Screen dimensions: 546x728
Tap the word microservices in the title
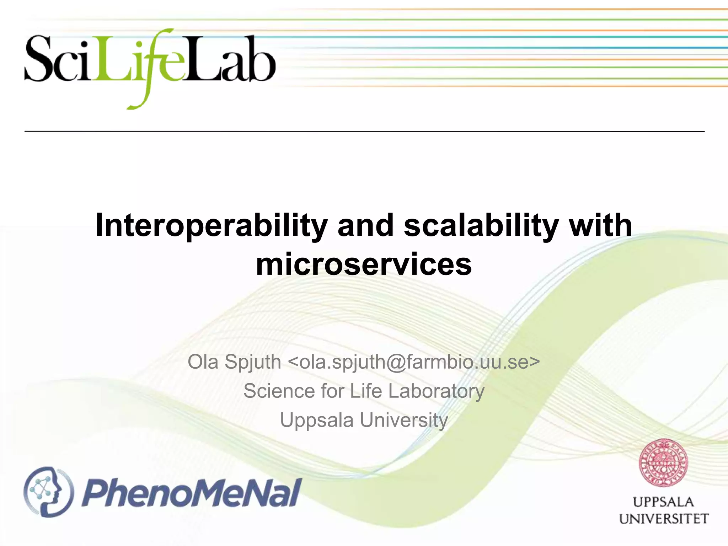364,264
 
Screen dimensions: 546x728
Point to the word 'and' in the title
365,225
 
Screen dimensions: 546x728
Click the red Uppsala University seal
663,463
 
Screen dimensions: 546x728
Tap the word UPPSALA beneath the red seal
663,502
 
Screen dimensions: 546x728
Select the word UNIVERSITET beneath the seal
663,519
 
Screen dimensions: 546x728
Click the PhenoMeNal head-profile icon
48,492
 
